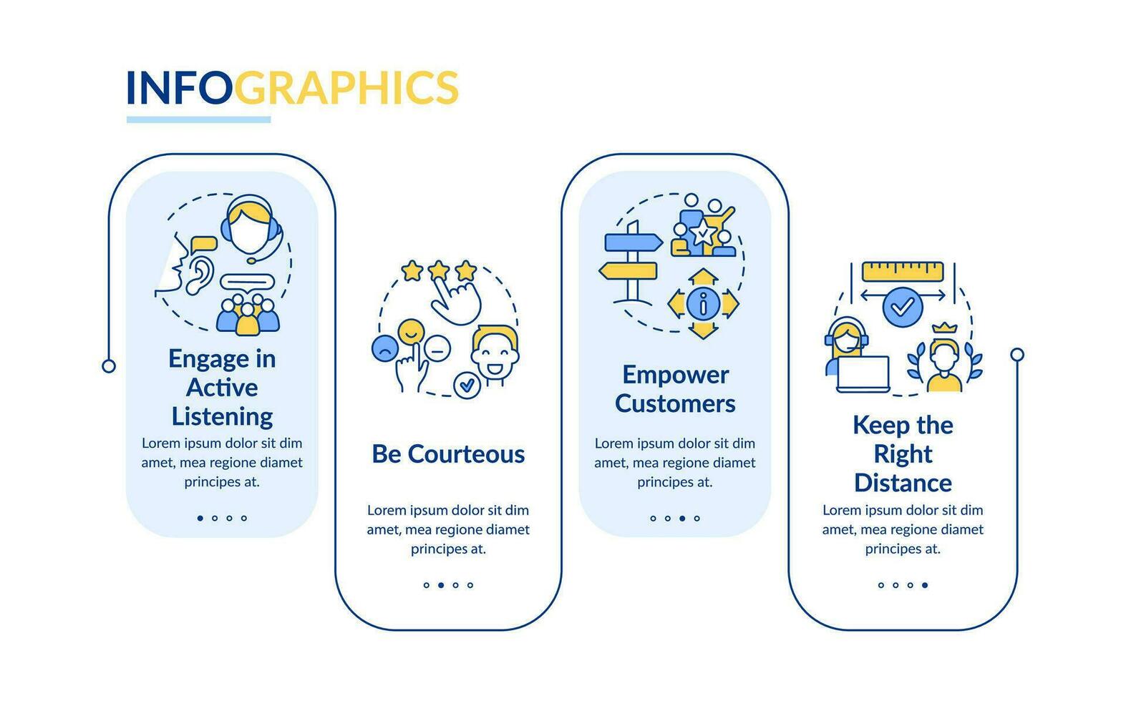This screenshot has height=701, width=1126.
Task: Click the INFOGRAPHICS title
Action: (292, 88)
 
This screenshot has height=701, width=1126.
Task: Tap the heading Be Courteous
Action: (448, 454)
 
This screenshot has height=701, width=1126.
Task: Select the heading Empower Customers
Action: (675, 389)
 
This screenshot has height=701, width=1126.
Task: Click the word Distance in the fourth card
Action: (903, 483)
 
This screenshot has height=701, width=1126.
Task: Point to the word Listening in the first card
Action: (222, 416)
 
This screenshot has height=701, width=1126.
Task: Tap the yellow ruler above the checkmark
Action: (903, 272)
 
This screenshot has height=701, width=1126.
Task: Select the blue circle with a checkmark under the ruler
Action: (903, 307)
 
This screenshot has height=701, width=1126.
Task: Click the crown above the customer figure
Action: (944, 328)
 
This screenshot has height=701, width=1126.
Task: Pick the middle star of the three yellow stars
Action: (438, 270)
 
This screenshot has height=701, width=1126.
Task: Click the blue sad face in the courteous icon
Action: (384, 348)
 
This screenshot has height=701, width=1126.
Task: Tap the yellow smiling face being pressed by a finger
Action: (411, 331)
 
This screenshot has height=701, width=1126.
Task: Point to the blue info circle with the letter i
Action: (703, 304)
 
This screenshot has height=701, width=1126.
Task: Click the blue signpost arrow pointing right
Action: (633, 242)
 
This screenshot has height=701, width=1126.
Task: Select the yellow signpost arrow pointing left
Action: (628, 271)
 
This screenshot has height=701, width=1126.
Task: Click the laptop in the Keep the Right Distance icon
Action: (863, 373)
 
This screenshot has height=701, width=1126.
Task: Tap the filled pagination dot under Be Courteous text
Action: (441, 585)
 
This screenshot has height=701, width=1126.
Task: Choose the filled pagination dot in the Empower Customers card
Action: (682, 518)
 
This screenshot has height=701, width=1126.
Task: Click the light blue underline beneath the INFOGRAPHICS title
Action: (198, 119)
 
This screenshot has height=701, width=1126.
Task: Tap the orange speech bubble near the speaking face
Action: (204, 243)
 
